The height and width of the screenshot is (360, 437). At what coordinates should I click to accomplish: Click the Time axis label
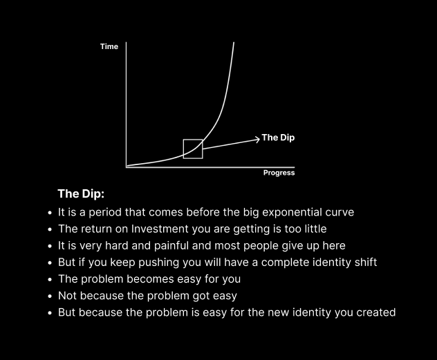click(x=109, y=47)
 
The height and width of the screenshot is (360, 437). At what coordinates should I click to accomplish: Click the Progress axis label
click(x=279, y=173)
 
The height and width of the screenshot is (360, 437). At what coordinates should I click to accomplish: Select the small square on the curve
click(x=193, y=149)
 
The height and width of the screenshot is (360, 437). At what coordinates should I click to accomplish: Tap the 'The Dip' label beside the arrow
click(x=278, y=138)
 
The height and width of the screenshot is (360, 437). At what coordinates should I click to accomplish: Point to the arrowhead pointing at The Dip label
click(x=257, y=138)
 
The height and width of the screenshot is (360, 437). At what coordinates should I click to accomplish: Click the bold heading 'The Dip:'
click(x=80, y=193)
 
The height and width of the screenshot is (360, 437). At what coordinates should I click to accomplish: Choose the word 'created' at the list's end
click(x=374, y=312)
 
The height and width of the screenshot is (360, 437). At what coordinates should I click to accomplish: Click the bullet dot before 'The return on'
click(x=50, y=229)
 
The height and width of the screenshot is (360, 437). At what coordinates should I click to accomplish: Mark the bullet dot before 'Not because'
click(x=50, y=296)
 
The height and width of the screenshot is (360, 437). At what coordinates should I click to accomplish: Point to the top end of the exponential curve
click(x=234, y=43)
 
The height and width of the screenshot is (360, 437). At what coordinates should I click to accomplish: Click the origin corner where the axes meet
click(x=127, y=167)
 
